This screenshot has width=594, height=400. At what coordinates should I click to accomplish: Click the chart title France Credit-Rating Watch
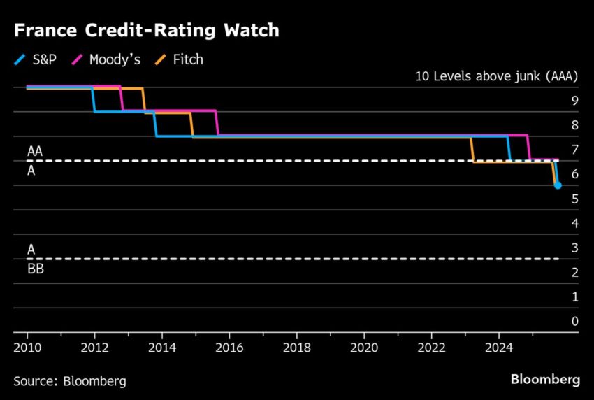pos(146,31)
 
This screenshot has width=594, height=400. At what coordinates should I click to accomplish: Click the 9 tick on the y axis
pos(574,101)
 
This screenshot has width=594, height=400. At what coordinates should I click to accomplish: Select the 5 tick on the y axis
pos(574,199)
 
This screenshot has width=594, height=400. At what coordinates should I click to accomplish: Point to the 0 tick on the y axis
pos(574,322)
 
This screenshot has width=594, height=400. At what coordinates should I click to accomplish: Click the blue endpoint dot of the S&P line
pos(558,185)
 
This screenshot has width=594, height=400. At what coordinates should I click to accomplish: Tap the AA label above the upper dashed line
pos(35,151)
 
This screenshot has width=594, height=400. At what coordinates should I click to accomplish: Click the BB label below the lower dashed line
pos(35,269)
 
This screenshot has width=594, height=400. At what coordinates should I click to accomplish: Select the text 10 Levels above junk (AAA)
pos(497,77)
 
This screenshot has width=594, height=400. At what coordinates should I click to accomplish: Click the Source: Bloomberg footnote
pos(70,380)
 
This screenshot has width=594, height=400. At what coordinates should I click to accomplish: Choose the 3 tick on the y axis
pos(574,248)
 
